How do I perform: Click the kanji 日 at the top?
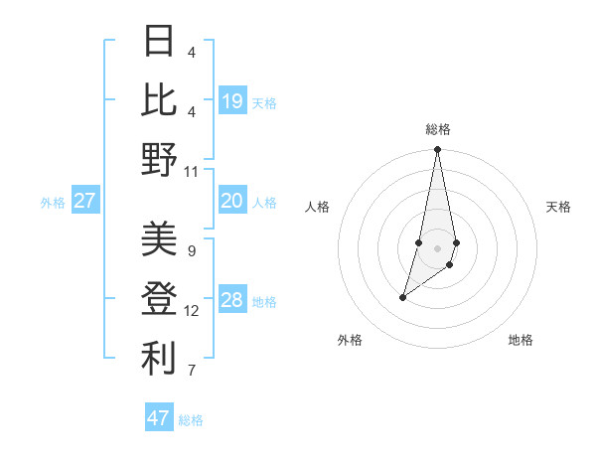(159, 42)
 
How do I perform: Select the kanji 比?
(159, 100)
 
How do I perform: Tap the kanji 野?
(159, 159)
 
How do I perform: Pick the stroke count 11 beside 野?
(192, 171)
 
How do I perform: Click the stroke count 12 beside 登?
(192, 311)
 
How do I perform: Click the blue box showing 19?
(232, 100)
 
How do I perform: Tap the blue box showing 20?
(232, 201)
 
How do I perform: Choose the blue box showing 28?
(232, 300)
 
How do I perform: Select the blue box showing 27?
(85, 201)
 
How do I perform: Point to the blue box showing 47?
(159, 417)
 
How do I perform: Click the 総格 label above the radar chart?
(438, 129)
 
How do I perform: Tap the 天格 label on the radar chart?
(559, 207)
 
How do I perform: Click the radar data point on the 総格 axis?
(438, 150)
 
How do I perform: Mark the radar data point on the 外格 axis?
(403, 297)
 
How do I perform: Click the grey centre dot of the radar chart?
(438, 248)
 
